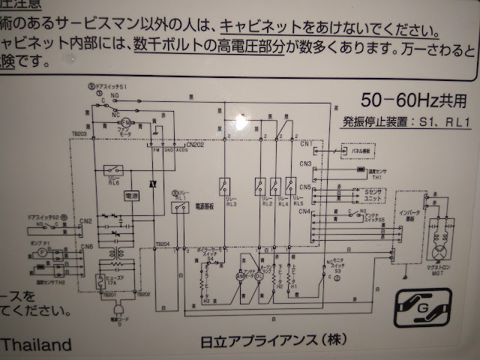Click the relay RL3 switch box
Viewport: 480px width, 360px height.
pos(224,183)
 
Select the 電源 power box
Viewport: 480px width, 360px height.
pos(131,195)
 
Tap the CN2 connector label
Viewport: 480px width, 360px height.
pos(86,221)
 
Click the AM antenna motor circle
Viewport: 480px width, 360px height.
pos(241,276)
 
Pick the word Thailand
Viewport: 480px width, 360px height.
pos(37,345)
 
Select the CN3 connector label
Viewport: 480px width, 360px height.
pos(305,163)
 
